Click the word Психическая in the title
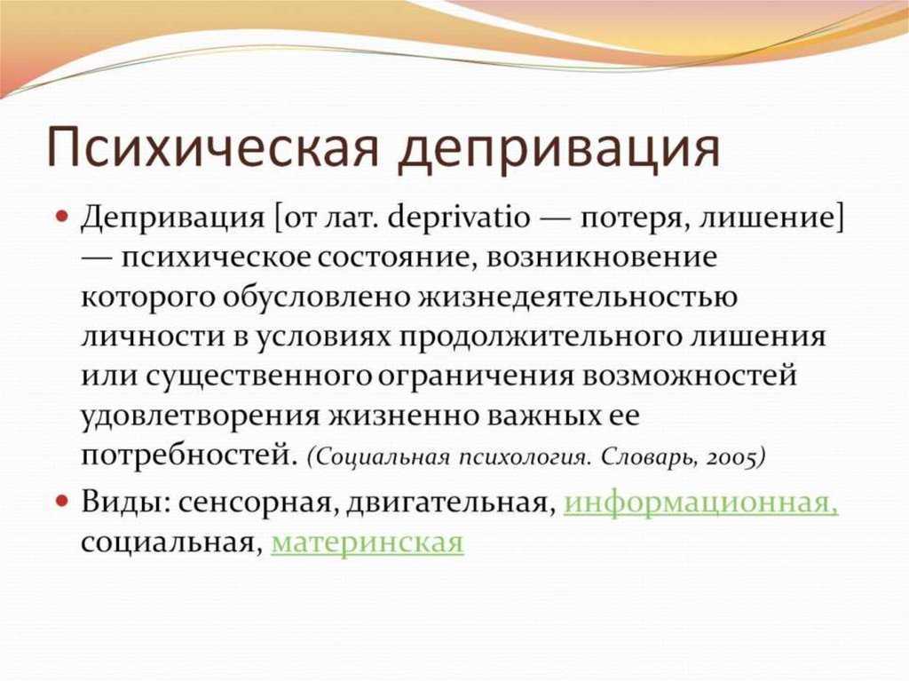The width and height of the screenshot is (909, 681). pyautogui.click(x=213, y=146)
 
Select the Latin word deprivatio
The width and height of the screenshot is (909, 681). pyautogui.click(x=458, y=218)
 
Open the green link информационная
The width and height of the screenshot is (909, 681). pyautogui.click(x=701, y=503)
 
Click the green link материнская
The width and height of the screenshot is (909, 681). pyautogui.click(x=368, y=543)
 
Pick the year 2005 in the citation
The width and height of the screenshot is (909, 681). pyautogui.click(x=732, y=457)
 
